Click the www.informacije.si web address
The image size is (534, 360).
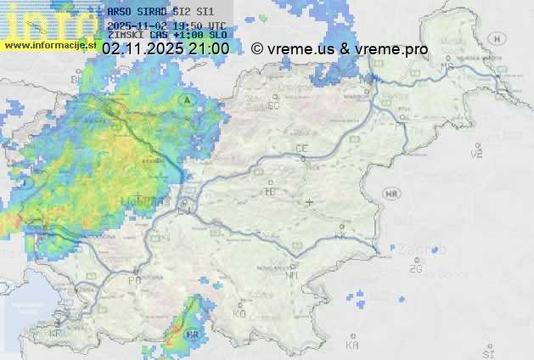pos(49,45)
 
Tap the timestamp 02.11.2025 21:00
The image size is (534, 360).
pos(165,49)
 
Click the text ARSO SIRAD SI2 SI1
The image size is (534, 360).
pos(160,12)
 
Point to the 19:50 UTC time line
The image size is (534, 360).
pos(166,25)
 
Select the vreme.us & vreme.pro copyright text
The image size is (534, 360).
pos(340,49)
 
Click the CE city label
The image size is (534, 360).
pos(301,149)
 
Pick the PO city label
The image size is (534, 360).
pos(134,280)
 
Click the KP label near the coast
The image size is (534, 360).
pos(56,334)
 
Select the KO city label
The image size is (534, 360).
pos(239,313)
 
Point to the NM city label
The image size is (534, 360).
pos(292,275)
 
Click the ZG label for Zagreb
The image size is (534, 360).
pos(415,269)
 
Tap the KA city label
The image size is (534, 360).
pos(352,346)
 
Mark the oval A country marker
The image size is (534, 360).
pos(186,99)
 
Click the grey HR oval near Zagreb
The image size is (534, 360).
pos(392,194)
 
